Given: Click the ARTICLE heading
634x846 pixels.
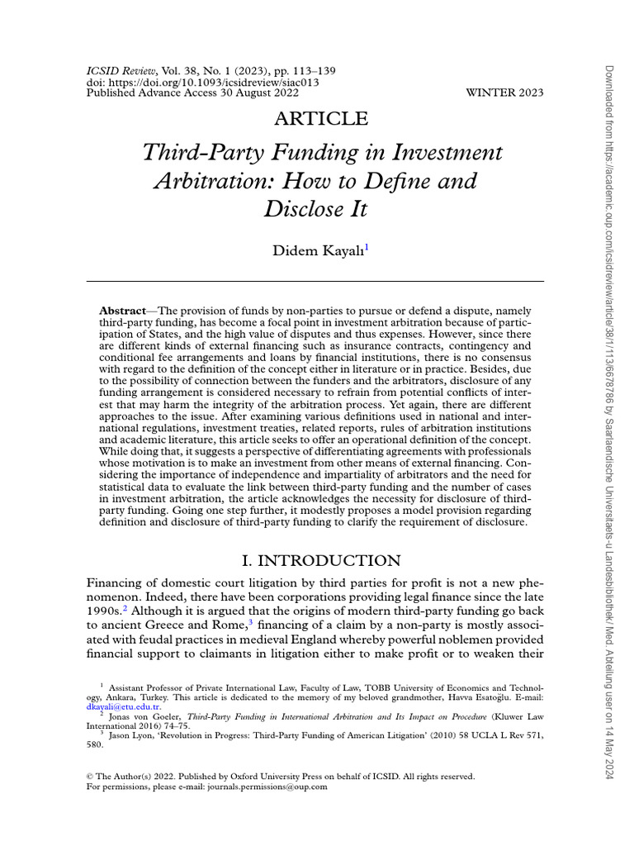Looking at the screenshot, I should click(322, 119).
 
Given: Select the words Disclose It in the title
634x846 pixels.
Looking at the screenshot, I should click(315, 209).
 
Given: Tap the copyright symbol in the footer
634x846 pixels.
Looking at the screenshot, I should click(91, 777).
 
